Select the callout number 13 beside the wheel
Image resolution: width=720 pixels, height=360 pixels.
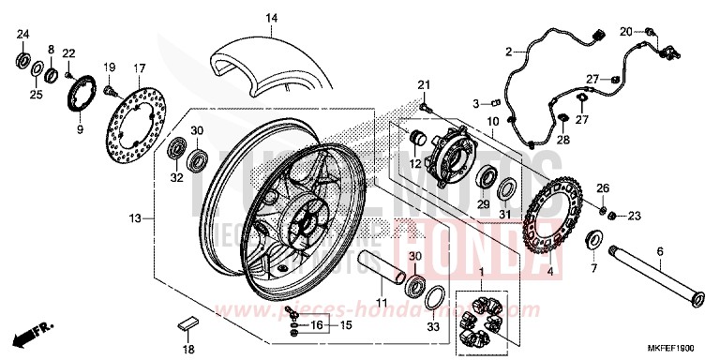[137, 218]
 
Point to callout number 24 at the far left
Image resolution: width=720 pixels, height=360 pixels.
[22, 35]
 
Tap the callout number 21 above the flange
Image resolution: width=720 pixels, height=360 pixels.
[422, 86]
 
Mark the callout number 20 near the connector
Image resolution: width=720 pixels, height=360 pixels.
[625, 31]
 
